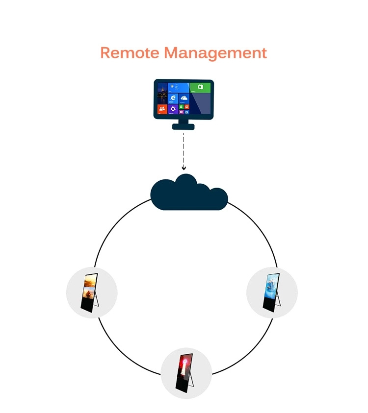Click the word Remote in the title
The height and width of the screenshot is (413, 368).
[130, 52]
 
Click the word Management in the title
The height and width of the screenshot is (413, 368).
[215, 53]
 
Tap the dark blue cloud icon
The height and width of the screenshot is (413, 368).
[189, 194]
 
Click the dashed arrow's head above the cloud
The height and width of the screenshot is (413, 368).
[184, 168]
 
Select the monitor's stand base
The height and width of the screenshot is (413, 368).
[183, 127]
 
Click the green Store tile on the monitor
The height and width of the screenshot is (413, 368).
[200, 88]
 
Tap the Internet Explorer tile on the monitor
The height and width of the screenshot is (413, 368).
[173, 98]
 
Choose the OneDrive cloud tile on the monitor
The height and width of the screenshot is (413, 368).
[184, 98]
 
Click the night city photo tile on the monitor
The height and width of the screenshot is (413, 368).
[162, 93]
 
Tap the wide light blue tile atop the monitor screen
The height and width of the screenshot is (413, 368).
[179, 87]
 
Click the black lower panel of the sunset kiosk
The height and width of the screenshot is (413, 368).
[86, 303]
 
